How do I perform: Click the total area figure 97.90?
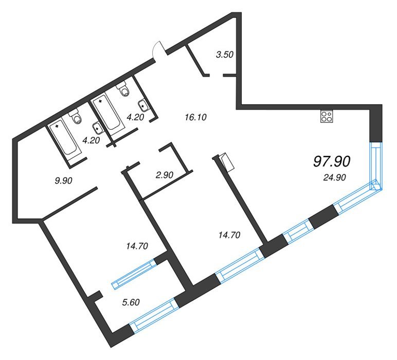pos(332,161)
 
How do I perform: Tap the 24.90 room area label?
pos(334,178)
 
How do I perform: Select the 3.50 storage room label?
pos(225,55)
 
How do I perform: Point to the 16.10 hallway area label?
pos(196,117)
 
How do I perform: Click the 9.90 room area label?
pos(64,181)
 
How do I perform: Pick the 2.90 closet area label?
pos(165,175)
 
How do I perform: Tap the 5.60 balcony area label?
pos(131,302)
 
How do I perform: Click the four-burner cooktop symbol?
pos(327,117)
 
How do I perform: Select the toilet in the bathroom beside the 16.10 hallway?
pos(123,89)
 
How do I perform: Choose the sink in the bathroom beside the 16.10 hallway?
pos(143,105)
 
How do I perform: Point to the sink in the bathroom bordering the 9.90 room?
pos(97,128)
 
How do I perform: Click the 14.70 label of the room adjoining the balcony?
pos(137,246)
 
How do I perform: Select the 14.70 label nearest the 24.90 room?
pos(229,235)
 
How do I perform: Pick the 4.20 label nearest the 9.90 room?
pos(92,140)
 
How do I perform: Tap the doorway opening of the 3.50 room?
pos(216,75)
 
